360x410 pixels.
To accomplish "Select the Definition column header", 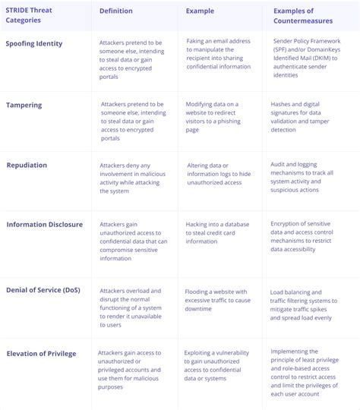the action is (x=115, y=11).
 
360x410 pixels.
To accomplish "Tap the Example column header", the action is (x=201, y=11).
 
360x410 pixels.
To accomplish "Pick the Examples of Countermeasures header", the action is (x=304, y=16).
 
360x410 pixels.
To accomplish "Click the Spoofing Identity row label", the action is (x=34, y=44).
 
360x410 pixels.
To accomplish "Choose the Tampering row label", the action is (x=24, y=105).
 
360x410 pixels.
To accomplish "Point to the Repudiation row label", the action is (x=27, y=165).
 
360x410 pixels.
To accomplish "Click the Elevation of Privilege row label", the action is (x=41, y=353).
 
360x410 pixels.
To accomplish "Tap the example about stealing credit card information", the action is (x=219, y=234).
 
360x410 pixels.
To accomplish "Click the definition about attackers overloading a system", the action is (x=131, y=306).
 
